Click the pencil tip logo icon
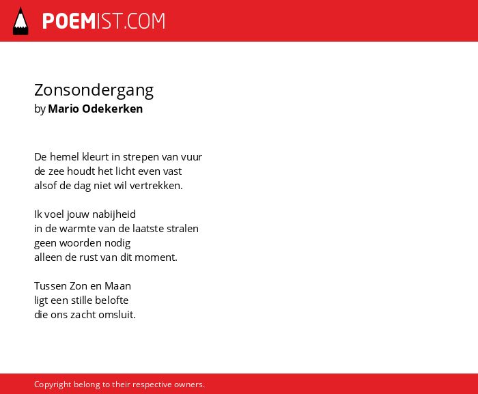(20, 21)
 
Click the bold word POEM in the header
(69, 21)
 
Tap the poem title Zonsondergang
(94, 91)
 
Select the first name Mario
(64, 109)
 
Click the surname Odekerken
(113, 109)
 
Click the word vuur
(191, 157)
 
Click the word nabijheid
(114, 214)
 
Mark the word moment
(156, 257)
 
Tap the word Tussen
(51, 286)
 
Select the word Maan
(117, 286)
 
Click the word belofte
(111, 300)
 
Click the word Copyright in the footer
(53, 384)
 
